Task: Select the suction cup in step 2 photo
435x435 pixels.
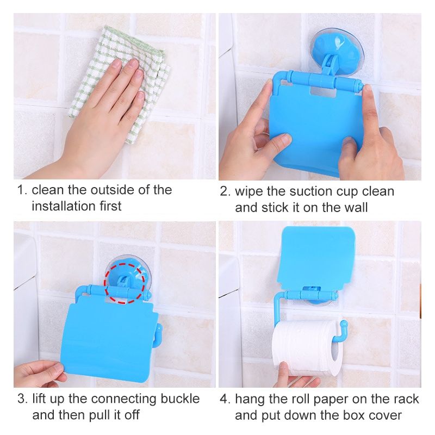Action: (x=337, y=48)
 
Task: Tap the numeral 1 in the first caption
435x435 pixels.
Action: (x=20, y=190)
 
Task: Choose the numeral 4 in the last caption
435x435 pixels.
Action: (x=223, y=399)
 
